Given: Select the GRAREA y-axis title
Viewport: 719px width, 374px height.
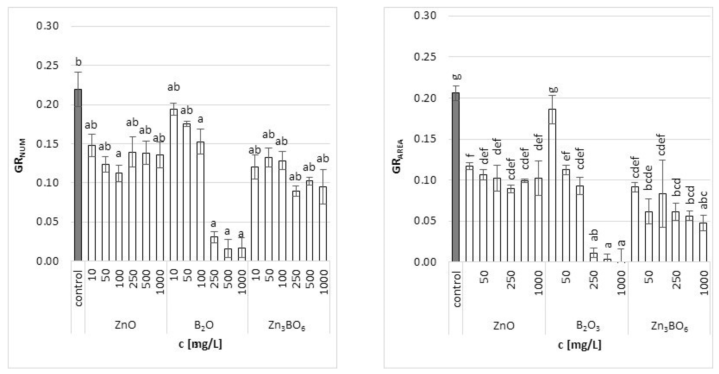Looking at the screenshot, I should coord(398,156).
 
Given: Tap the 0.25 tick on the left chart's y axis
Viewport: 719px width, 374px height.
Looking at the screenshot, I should coord(47,66).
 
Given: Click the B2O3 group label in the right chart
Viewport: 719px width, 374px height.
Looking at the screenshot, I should coord(588,326).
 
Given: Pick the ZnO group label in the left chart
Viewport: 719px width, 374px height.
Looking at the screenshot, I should coord(125,325).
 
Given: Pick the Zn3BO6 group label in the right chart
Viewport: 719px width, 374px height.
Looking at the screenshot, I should coord(669,326).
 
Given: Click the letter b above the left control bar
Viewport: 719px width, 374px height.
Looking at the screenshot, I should coord(78,62).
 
